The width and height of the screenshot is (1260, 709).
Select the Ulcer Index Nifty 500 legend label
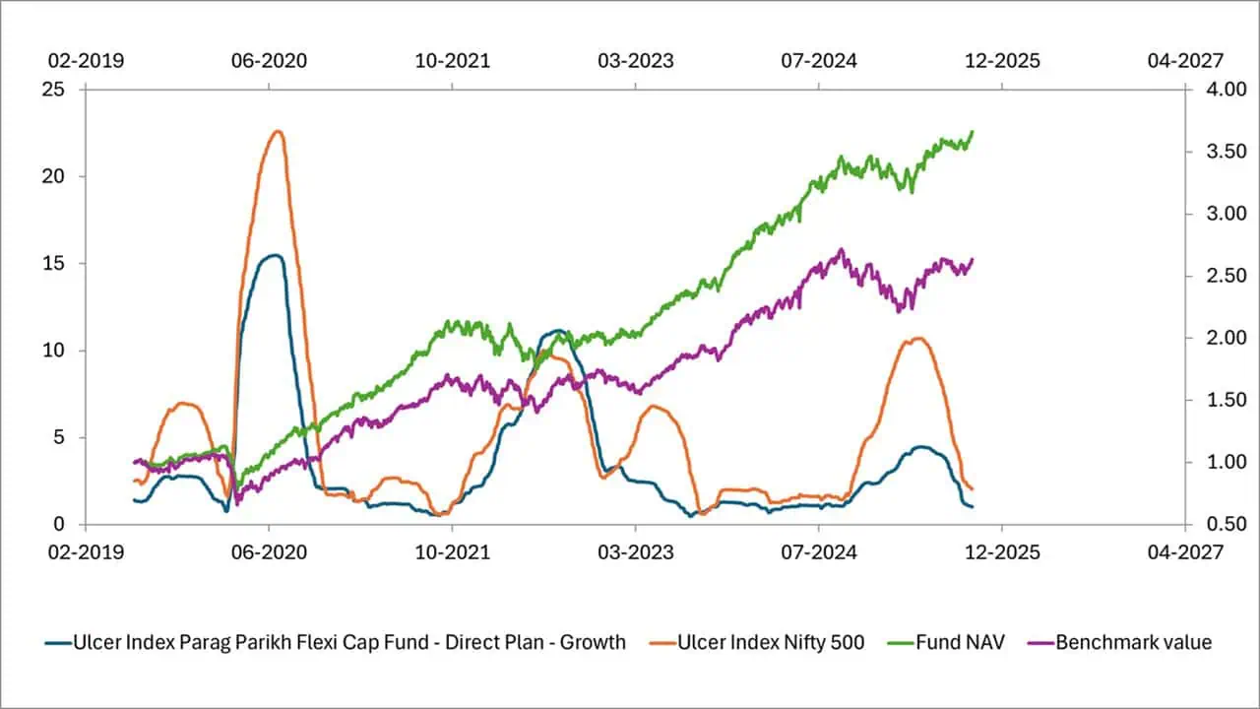pyautogui.click(x=771, y=643)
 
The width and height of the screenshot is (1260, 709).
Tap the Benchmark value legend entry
pyautogui.click(x=1133, y=643)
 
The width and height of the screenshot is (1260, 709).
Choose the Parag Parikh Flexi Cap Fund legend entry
pyautogui.click(x=349, y=643)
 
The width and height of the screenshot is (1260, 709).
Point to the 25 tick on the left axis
pyautogui.click(x=53, y=90)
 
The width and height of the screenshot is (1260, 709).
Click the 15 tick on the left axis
pyautogui.click(x=53, y=264)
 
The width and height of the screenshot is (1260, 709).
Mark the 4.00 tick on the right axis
pyautogui.click(x=1212, y=90)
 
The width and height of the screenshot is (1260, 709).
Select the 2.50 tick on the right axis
pyautogui.click(x=1212, y=276)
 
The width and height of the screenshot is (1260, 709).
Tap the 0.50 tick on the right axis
pyautogui.click(x=1212, y=524)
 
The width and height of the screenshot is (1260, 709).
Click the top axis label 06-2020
pyautogui.click(x=269, y=61)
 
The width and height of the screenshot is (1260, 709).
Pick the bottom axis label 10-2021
pyautogui.click(x=452, y=552)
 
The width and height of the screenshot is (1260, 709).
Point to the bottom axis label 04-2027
pyautogui.click(x=1185, y=552)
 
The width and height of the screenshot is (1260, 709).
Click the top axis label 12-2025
pyautogui.click(x=1002, y=61)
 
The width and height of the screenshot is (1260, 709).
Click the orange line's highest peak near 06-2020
pyautogui.click(x=278, y=131)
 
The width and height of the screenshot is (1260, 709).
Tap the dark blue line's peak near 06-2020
pyautogui.click(x=277, y=255)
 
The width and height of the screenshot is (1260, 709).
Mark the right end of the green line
pyautogui.click(x=973, y=131)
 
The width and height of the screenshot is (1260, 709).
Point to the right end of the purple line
pyautogui.click(x=973, y=260)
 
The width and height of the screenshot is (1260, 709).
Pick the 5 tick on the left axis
pyautogui.click(x=58, y=437)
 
